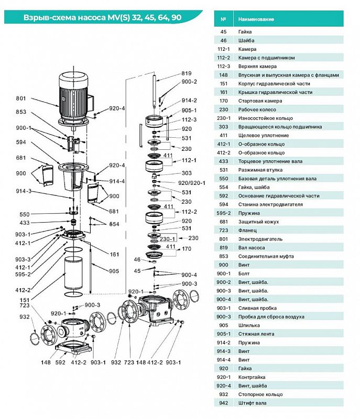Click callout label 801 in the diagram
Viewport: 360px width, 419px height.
coord(21,98)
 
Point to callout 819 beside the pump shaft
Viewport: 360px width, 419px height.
coord(187,73)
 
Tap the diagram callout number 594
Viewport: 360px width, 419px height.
coord(21,142)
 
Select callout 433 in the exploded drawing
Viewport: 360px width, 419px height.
coord(25,223)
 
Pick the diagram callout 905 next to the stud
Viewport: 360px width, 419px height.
coord(114,271)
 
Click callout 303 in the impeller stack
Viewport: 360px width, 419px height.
coord(187,173)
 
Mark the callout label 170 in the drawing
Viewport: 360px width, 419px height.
coord(187,249)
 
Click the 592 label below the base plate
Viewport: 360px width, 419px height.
coord(60,362)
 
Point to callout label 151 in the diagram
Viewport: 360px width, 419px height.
coord(25,300)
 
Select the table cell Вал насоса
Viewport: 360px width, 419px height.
coord(252,248)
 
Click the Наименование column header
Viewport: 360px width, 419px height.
coord(256,19)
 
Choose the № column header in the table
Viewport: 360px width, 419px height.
coord(223,19)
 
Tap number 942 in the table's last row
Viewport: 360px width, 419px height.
coord(223,403)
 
